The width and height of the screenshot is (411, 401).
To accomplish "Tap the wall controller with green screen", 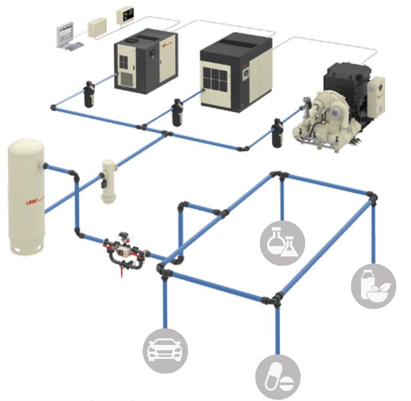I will point(126,15).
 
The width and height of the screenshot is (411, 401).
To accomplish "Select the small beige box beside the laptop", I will point(97,26).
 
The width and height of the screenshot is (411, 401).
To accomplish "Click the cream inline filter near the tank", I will point(109,181).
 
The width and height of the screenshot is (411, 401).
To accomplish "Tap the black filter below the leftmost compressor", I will point(88,94).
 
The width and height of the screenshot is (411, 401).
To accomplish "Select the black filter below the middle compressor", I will point(176,113).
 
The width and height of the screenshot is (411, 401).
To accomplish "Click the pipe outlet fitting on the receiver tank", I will point(45,166).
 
